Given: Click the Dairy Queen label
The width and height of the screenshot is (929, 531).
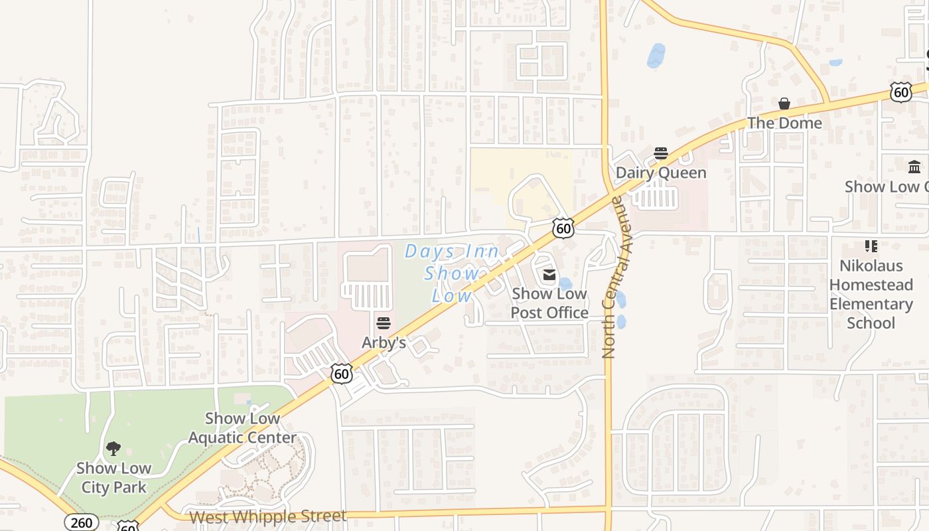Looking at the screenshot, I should coord(661,173).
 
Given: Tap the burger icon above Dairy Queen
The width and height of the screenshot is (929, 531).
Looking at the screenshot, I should coord(661,153).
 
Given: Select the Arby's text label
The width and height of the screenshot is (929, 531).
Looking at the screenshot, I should coord(384,342).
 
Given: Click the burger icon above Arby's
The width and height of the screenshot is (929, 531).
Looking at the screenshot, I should coord(384,323).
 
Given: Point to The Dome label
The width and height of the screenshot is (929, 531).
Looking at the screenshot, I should coord(784,123).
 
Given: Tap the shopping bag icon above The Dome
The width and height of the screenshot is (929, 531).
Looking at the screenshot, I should coord(784,104).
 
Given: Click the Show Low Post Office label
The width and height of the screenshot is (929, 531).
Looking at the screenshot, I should coord(549,303).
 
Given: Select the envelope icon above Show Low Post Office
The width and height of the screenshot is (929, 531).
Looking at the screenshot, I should coord(549,275).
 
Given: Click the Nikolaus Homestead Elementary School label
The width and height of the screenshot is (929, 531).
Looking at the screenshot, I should coord(871,294).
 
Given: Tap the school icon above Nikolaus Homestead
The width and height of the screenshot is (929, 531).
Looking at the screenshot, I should coord(871,246).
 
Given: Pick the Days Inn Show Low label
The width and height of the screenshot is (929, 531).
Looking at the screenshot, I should coord(451,273).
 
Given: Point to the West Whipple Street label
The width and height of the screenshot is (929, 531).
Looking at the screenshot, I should coord(268,516).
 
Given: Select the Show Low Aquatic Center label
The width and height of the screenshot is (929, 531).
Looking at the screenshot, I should coord(242,428).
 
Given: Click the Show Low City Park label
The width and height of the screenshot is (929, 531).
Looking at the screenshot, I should coord(113,478).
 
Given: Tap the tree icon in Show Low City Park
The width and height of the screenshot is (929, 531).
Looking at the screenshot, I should coord(113,449).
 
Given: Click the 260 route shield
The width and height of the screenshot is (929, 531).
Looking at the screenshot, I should coord(82,522).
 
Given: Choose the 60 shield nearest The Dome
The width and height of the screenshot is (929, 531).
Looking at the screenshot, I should coord(901,92).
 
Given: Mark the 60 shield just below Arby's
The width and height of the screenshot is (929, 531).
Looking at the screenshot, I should coord(341,374).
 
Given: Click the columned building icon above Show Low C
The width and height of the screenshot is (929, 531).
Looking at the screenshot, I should coord(914,167).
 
